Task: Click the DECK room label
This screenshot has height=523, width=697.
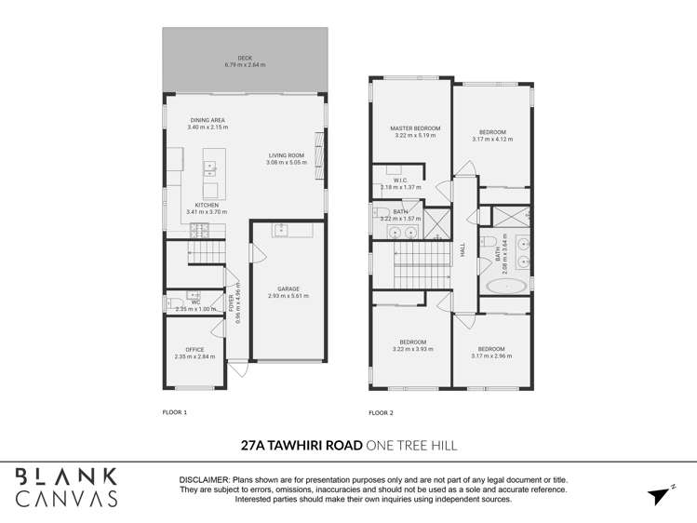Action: point(244,58)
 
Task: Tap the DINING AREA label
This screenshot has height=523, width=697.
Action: point(207,120)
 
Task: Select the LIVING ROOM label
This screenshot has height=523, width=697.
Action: point(286,155)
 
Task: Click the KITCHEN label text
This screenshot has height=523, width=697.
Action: point(207,205)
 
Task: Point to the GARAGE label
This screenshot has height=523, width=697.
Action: point(288,288)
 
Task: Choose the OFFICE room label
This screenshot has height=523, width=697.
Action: point(194,350)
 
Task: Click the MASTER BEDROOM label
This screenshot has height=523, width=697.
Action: point(409,128)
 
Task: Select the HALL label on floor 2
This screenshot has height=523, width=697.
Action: point(462,250)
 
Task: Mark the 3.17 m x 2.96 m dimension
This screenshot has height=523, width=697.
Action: point(491,356)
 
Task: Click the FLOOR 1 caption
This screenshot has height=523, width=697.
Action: point(175,411)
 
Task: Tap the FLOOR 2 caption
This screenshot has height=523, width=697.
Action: point(381,412)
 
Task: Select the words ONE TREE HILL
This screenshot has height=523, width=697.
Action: point(412,446)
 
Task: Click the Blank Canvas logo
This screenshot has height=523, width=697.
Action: point(66,487)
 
